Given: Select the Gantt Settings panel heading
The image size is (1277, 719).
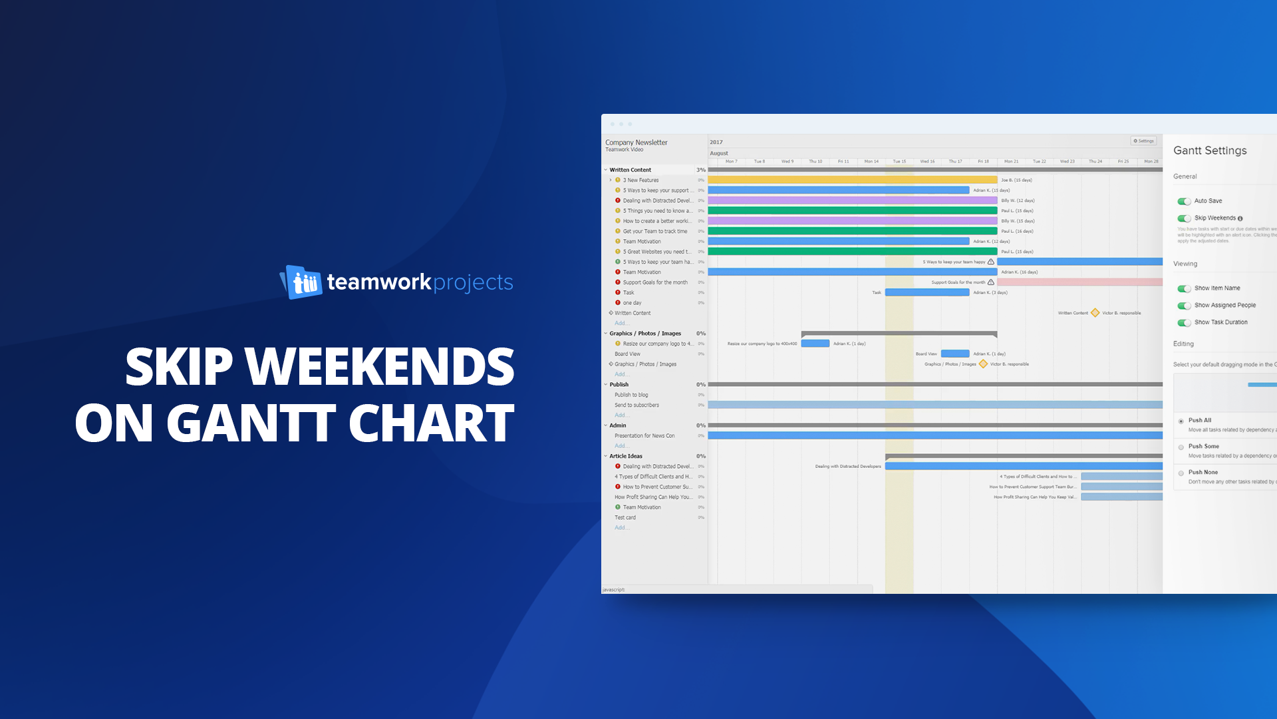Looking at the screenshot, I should [x=1210, y=150].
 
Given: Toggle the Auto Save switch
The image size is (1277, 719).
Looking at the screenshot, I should [x=1184, y=201].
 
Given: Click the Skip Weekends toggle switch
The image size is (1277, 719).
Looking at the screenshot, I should [x=1184, y=218].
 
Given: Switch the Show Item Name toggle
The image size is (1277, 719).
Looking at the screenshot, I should [x=1184, y=288].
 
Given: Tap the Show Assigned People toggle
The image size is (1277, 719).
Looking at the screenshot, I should [x=1184, y=306].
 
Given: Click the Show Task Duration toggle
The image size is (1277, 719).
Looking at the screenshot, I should [x=1184, y=323].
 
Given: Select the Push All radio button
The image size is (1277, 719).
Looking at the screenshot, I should [x=1181, y=421].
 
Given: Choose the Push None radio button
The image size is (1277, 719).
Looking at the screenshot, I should [x=1181, y=473].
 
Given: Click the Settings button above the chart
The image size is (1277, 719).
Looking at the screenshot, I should [x=1143, y=141].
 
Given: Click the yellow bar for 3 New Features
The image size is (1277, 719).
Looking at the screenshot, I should [x=852, y=180].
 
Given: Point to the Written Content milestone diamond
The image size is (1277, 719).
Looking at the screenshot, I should [x=1095, y=313].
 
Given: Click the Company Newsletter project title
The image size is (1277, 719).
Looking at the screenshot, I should [x=636, y=142].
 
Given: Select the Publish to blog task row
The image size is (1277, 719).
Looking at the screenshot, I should [x=631, y=395].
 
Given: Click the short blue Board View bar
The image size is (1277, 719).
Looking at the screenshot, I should [x=955, y=354].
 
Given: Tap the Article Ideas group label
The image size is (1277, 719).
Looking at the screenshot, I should [x=626, y=456].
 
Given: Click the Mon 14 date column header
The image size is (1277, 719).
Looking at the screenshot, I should [x=871, y=161].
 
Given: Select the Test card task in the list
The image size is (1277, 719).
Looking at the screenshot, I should [x=625, y=517].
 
